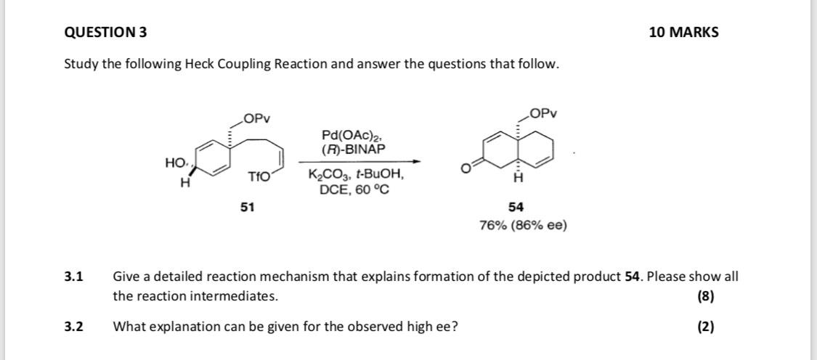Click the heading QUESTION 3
coord(105,32)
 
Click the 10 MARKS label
coord(683,32)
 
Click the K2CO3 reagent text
coord(327,176)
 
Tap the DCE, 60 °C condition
coord(354,189)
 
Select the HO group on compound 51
coord(174,163)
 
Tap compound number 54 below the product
coord(516,207)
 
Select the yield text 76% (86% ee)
coord(523,225)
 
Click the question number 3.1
coord(73,277)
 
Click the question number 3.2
coord(73,327)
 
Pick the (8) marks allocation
coord(705,296)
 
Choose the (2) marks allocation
coord(705,327)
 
